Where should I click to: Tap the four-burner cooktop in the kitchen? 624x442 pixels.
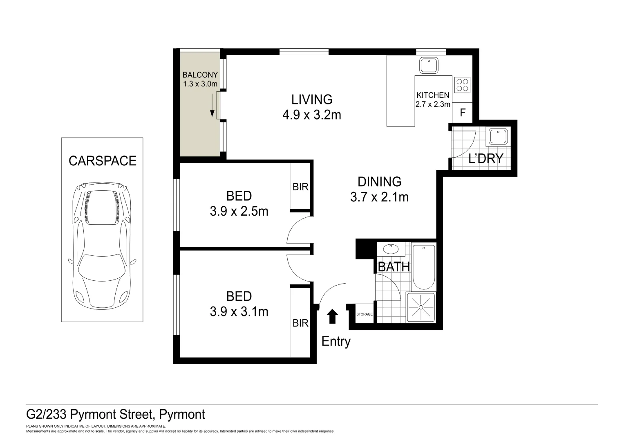coord(462,85)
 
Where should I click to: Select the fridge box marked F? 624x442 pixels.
coord(463,112)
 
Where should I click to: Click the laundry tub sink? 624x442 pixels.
coord(498,136)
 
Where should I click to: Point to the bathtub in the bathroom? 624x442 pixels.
coord(424,267)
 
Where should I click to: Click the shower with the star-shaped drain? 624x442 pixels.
coord(421,307)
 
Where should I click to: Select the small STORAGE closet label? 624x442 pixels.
coord(364,314)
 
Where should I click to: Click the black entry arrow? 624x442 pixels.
coord(333,316)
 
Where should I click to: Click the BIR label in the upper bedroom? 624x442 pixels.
coord(300,187)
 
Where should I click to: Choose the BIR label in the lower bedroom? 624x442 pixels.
coord(300,323)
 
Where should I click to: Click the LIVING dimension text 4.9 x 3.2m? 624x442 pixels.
coord(311,115)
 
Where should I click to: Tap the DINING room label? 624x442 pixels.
coord(379,181)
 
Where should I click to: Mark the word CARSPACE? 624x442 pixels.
coord(102,161)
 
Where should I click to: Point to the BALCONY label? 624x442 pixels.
coord(200,75)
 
